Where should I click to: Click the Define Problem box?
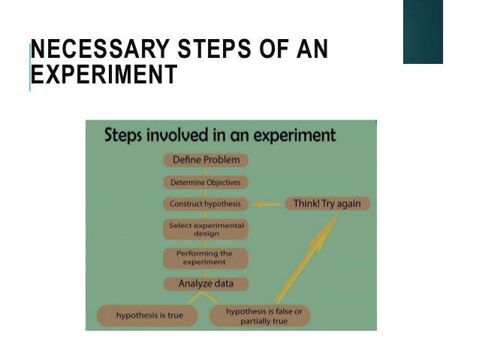(206, 160)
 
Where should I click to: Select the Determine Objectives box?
(206, 182)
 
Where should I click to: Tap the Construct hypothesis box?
(206, 204)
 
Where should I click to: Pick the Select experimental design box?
(206, 228)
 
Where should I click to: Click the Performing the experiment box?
(206, 258)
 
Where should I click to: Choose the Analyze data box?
(206, 284)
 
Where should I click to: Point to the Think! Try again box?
(327, 204)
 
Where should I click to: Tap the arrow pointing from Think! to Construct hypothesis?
(268, 204)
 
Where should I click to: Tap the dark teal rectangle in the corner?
(432, 32)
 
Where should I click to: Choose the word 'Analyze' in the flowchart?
(194, 284)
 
